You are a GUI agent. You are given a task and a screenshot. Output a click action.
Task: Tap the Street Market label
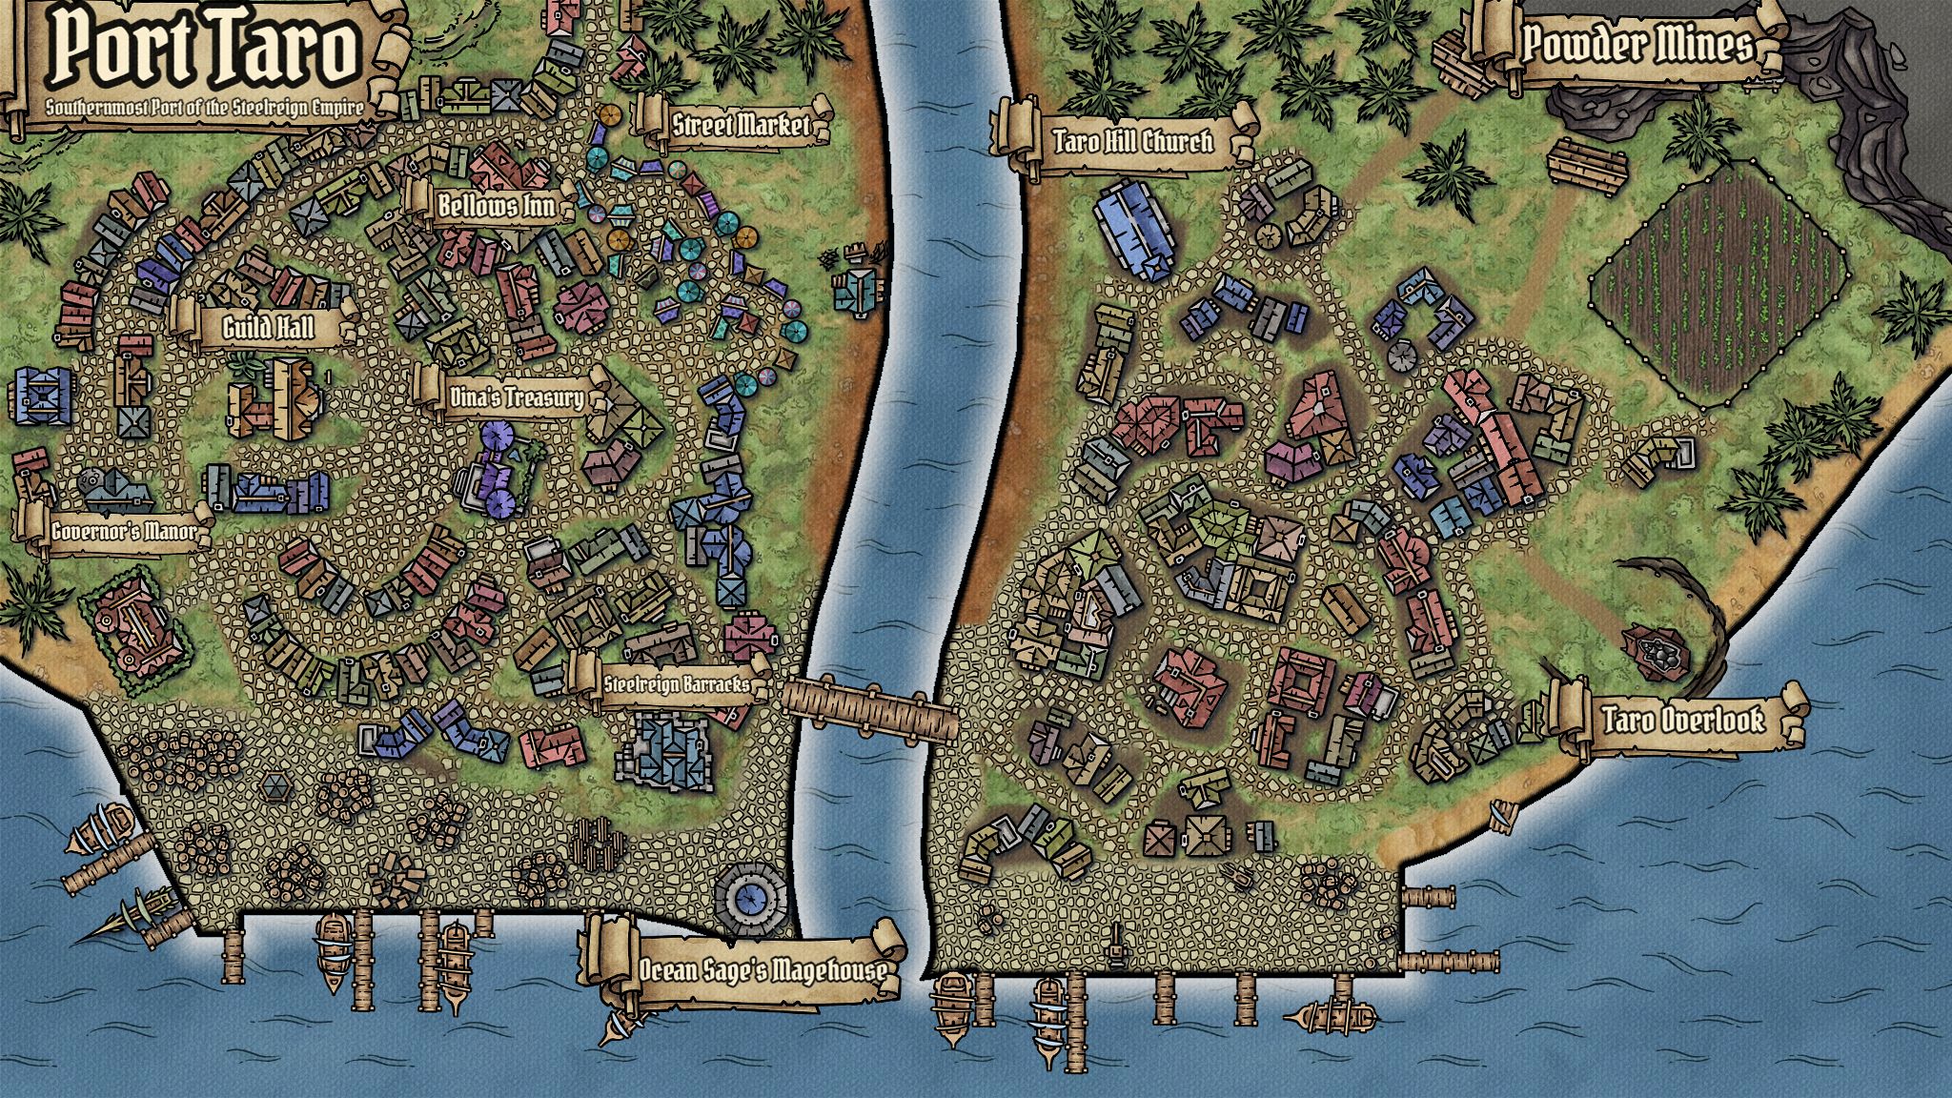click(741, 124)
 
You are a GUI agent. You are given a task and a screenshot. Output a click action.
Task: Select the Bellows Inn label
click(496, 205)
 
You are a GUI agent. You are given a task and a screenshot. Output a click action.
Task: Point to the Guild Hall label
click(268, 328)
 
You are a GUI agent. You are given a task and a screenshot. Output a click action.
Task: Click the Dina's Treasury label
click(516, 396)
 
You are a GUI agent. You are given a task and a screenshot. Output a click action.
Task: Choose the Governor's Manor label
click(124, 531)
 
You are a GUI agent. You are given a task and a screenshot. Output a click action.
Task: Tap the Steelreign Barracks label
click(676, 683)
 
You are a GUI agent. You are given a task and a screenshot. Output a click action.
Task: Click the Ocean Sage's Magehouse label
click(762, 969)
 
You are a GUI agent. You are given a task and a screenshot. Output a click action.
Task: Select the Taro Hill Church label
click(1132, 141)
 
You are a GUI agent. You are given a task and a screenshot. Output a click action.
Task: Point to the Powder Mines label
click(1636, 44)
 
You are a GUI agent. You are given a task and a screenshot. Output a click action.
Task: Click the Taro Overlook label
click(1682, 719)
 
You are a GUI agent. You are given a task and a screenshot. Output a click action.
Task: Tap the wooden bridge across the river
click(869, 706)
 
